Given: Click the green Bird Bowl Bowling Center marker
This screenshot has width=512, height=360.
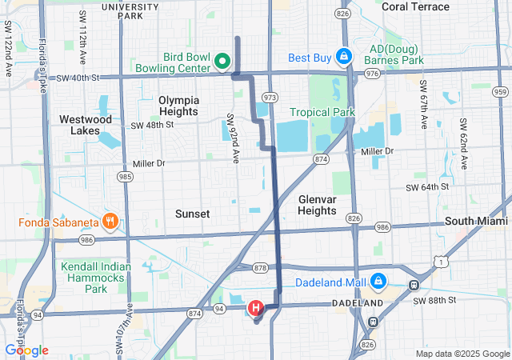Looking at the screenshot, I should [x=222, y=61].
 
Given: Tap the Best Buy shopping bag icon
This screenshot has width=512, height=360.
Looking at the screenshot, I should [x=343, y=57].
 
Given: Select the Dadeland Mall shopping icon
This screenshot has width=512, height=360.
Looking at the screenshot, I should [x=378, y=282].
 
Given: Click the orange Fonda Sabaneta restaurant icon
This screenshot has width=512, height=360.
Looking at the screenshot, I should [x=111, y=221].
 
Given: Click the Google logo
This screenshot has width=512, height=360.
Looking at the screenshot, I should [x=26, y=350].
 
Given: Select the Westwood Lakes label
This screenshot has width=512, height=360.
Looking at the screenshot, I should [x=86, y=124].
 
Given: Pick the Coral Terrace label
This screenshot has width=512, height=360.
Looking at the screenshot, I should [x=415, y=6].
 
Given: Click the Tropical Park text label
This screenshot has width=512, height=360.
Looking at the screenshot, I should [x=322, y=113].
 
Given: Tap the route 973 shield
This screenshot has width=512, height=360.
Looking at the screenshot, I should [x=270, y=97].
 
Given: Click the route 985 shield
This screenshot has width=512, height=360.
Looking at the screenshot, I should [x=124, y=176].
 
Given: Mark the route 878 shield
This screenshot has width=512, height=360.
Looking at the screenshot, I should [x=258, y=267].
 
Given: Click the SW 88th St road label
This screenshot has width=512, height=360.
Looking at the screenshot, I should [x=436, y=300].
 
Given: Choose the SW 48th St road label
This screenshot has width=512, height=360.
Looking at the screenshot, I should [x=152, y=126].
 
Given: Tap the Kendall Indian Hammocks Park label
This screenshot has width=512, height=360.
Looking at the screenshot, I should [x=95, y=277].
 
